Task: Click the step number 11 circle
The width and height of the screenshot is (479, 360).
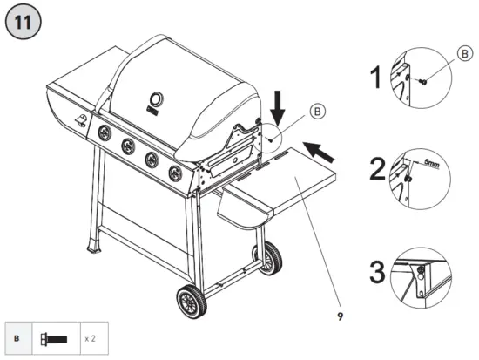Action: point(23,24)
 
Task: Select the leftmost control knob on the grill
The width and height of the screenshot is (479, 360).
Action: point(105,132)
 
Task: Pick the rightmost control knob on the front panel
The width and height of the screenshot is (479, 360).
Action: point(174,170)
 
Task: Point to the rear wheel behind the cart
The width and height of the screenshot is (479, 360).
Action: point(273,257)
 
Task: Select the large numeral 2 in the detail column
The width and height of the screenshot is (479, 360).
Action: point(376,167)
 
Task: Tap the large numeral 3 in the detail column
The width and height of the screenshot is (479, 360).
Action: point(375,272)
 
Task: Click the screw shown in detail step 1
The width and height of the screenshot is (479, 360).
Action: point(422,81)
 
